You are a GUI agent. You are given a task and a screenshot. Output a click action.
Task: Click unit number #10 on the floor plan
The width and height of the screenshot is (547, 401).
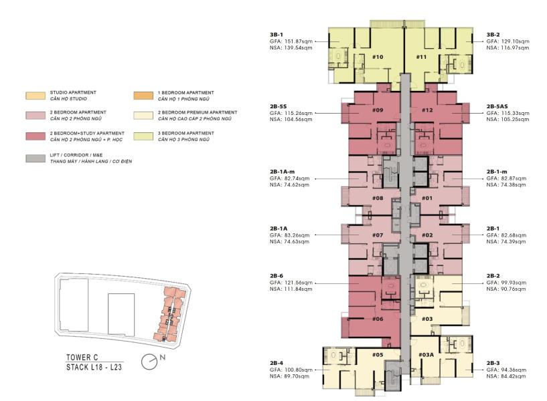pos(378,57)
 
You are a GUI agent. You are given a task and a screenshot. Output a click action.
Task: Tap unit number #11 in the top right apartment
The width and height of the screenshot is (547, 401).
pos(421,57)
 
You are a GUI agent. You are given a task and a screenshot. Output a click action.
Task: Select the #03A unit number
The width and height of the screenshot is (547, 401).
pos(426,355)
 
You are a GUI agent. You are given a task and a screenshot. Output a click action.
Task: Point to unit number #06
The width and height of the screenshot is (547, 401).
pos(378,319)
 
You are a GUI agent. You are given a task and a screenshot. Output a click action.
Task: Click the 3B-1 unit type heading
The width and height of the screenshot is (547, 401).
pos(277,35)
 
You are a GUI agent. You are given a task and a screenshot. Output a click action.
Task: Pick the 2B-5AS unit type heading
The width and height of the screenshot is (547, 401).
pos(497,106)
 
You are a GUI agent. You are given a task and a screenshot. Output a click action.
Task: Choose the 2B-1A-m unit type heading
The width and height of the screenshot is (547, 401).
pos(282,172)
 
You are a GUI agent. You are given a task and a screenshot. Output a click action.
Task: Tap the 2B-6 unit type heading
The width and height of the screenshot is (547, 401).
pos(277,275)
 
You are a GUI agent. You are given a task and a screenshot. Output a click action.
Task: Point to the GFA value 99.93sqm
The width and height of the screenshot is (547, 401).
pos(514,283)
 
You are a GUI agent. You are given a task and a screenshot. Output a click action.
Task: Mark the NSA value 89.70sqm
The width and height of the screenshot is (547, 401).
pos(297,376)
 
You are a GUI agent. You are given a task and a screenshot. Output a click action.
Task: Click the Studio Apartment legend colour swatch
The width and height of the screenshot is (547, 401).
pos(35,96)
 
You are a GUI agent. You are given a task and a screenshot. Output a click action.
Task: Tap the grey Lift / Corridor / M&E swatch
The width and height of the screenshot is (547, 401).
pos(35,158)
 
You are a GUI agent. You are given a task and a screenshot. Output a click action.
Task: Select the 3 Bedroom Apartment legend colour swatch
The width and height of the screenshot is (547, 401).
pos(143,136)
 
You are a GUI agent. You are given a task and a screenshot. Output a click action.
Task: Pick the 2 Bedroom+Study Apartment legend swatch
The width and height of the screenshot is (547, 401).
pos(35,136)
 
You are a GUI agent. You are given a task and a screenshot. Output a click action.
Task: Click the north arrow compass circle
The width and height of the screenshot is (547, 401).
pos(149,362)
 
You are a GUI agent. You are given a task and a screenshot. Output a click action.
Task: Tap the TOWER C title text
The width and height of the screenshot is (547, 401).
pos(82,358)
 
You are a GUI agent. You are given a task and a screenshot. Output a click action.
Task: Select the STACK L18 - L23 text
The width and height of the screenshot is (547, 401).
pos(94,367)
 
